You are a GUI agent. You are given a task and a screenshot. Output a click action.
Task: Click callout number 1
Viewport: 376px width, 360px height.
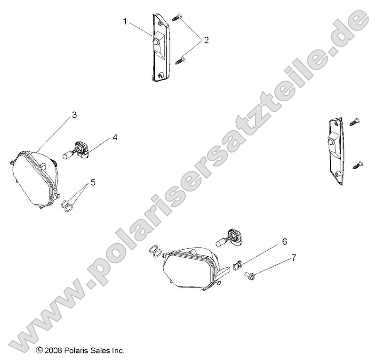pyautogui.click(x=125, y=21)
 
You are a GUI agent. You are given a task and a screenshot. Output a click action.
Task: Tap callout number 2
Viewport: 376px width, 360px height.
pyautogui.click(x=206, y=41)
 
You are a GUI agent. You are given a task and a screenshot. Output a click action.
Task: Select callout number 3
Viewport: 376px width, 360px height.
pyautogui.click(x=74, y=115)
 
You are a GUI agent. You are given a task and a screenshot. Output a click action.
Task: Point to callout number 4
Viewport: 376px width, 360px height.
pyautogui.click(x=114, y=138)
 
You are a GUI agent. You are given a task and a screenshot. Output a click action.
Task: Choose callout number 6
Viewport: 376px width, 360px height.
pyautogui.click(x=284, y=242)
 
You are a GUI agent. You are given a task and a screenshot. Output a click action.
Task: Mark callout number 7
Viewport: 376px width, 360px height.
pyautogui.click(x=294, y=257)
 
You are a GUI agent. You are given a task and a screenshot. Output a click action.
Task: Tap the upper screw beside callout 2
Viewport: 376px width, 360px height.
pyautogui.click(x=177, y=17)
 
